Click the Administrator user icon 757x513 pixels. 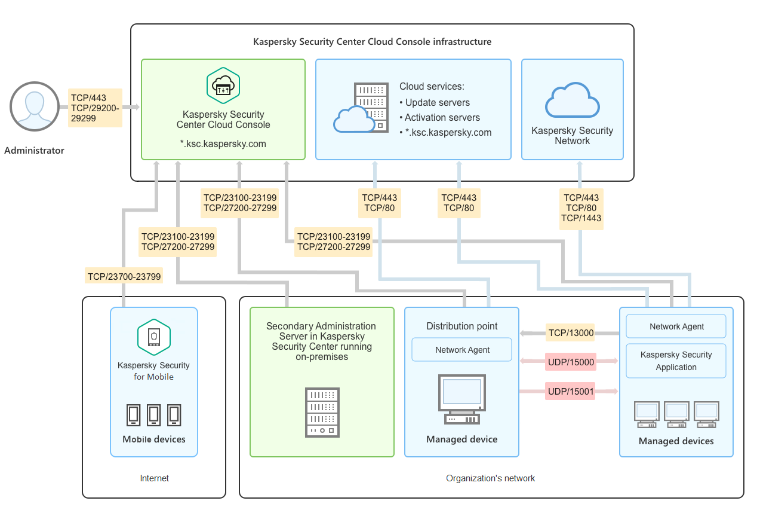click(x=34, y=107)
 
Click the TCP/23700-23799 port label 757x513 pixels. click(x=124, y=276)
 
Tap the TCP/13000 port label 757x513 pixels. click(x=570, y=333)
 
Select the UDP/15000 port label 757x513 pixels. click(x=570, y=362)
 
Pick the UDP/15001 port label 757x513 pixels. click(x=570, y=392)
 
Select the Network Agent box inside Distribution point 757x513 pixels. click(x=462, y=350)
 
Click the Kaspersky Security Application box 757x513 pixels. click(x=676, y=361)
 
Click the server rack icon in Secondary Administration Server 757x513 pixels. click(x=322, y=412)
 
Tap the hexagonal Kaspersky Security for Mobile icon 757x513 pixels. click(x=154, y=337)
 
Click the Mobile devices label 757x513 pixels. click(x=154, y=439)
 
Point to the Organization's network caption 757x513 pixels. click(x=490, y=478)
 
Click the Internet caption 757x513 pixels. click(x=154, y=478)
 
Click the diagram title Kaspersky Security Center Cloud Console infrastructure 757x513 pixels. click(x=372, y=42)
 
